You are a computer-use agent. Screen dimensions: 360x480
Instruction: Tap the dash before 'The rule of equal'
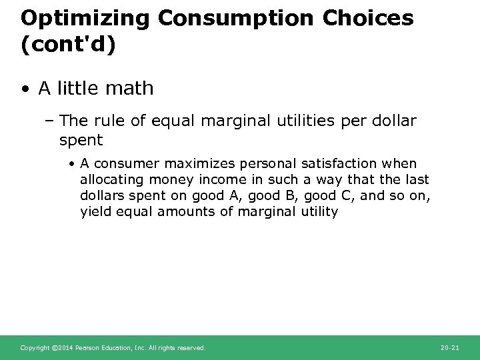pyautogui.click(x=51, y=121)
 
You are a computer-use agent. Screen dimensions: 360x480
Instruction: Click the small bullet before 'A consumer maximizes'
pyautogui.click(x=71, y=164)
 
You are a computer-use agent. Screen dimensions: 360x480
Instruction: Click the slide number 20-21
pyautogui.click(x=451, y=347)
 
